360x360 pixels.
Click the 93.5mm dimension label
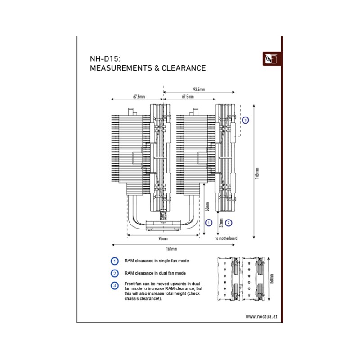[198, 90]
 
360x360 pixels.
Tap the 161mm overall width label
[171, 249]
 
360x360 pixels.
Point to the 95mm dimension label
[162, 238]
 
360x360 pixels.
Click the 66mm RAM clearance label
[208, 207]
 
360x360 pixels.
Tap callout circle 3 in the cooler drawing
[245, 121]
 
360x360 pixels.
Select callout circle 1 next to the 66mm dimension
[208, 222]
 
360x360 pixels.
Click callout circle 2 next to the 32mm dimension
[229, 222]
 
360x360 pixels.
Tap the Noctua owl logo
[271, 59]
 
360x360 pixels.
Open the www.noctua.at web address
[261, 316]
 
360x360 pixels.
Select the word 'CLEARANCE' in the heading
[185, 68]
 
